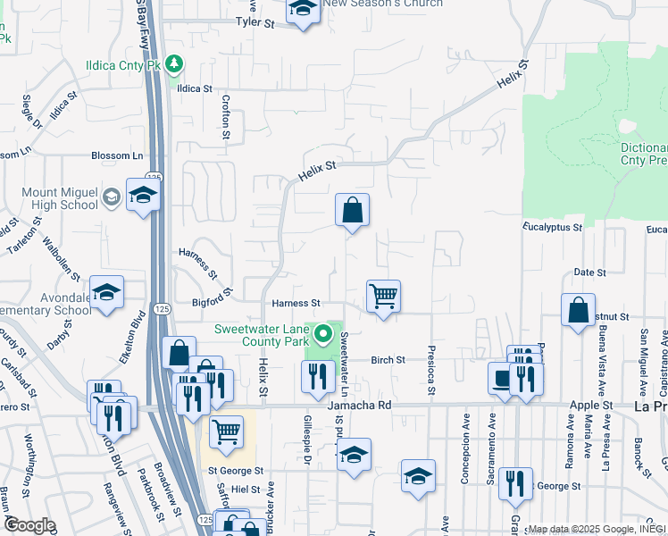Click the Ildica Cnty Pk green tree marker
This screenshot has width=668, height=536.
pyautogui.click(x=175, y=63)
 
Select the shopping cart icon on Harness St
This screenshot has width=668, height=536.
pyautogui.click(x=383, y=295)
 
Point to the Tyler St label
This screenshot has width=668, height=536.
pyautogui.click(x=254, y=21)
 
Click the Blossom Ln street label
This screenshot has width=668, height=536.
pyautogui.click(x=117, y=155)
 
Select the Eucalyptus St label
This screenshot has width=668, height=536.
pyautogui.click(x=553, y=228)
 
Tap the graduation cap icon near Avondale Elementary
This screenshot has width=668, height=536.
pyautogui.click(x=106, y=291)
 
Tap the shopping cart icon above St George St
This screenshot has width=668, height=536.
pyautogui.click(x=226, y=431)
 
